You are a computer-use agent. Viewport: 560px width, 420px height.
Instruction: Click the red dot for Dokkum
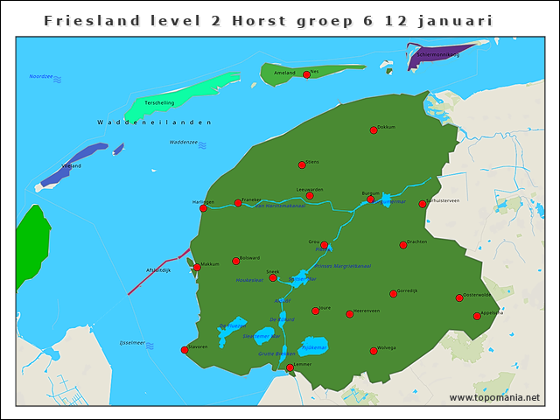point(374,130)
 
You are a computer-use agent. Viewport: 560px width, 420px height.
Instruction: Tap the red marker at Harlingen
point(203,208)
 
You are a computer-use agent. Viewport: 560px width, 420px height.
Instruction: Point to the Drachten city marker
point(403,245)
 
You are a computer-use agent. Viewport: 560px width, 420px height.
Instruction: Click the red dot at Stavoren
point(185,350)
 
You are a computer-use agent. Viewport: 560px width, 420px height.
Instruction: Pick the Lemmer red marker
point(290,367)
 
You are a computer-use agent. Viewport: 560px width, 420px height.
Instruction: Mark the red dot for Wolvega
point(374,351)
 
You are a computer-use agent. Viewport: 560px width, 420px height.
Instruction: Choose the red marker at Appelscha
point(477,316)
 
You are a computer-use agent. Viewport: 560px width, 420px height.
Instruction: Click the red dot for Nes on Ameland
point(306,75)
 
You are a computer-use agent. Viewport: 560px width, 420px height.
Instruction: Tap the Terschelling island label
point(158,102)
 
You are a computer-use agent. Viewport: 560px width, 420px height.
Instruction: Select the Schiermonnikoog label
point(437,54)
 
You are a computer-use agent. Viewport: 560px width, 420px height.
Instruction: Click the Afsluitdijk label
point(158,270)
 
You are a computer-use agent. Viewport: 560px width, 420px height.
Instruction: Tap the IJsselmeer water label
point(131,344)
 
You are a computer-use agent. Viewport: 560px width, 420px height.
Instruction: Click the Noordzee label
point(41,77)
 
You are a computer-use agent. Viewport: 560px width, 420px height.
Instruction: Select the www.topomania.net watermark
point(494,398)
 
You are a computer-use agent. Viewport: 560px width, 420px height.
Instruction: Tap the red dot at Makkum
point(197,268)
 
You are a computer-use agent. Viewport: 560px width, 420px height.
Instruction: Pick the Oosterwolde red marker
point(459,298)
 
